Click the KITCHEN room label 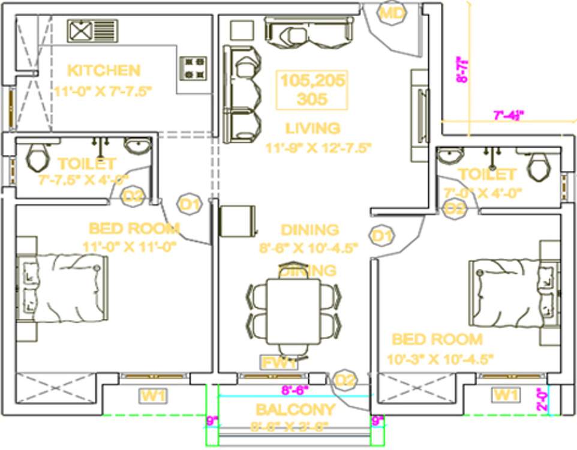click(104, 70)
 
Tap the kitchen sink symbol click(92, 31)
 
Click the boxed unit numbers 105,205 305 click(312, 90)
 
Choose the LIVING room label click(312, 128)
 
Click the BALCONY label click(294, 410)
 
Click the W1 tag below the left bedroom click(154, 395)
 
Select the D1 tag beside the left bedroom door click(190, 205)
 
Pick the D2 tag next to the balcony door click(345, 380)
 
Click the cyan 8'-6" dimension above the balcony click(294, 389)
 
